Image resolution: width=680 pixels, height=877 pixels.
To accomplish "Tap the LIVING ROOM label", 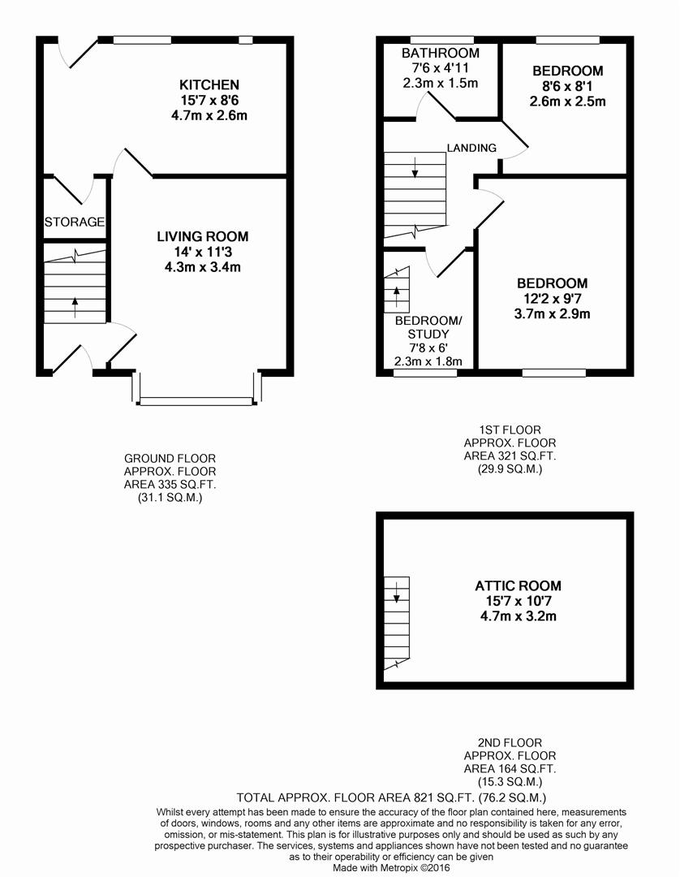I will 203,236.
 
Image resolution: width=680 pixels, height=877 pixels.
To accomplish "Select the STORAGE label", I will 75,222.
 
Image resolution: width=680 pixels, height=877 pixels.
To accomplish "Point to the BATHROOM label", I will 441,54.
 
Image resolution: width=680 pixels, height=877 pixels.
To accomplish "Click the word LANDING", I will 471,148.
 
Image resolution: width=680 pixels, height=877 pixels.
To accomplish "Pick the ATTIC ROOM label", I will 518,585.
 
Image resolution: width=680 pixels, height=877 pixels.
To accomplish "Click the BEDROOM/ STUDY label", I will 428,327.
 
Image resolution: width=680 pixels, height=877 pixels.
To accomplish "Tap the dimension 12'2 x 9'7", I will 552,299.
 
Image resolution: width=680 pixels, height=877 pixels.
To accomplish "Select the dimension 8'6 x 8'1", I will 567,86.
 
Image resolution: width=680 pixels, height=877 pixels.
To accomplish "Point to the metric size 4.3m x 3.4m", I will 203,266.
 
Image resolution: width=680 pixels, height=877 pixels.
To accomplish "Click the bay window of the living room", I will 196,400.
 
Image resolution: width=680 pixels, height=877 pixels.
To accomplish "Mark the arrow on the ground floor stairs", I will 75,306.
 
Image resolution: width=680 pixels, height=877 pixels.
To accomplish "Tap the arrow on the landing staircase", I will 415,168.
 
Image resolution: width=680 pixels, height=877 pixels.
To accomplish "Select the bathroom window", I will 441,39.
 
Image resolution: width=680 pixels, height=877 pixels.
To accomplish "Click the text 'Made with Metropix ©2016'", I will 391,867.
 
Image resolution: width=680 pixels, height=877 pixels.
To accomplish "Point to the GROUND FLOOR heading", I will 170,459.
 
